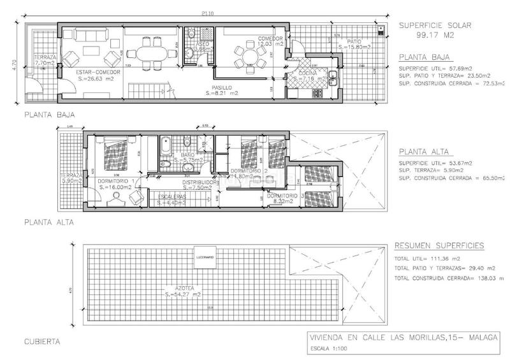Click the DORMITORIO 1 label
(x=115, y=181)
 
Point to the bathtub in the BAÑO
(x=165, y=149)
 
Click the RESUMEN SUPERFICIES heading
(x=440, y=245)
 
